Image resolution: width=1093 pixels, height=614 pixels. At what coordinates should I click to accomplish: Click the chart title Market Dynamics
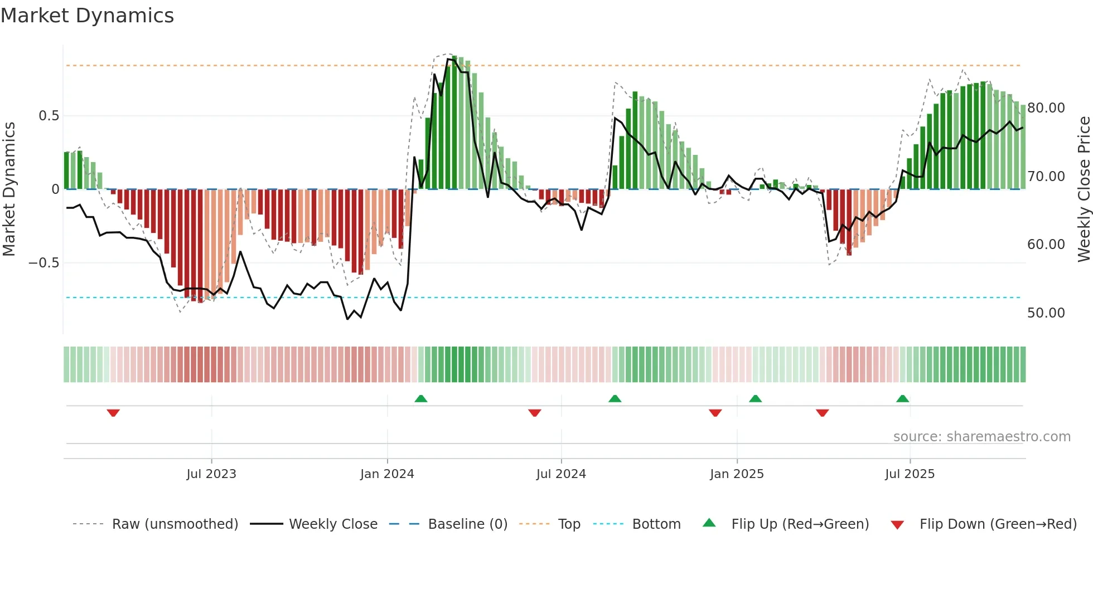coord(87,16)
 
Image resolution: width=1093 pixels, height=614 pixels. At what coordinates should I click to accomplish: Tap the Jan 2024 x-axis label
coord(387,474)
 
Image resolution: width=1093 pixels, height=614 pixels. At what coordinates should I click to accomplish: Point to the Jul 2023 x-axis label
coord(211,474)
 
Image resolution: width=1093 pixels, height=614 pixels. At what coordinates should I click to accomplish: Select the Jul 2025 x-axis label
coord(910,474)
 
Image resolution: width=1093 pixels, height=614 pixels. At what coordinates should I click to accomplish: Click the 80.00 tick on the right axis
coord(1046,108)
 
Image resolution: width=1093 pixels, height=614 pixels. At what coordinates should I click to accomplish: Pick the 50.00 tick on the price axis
coord(1046,313)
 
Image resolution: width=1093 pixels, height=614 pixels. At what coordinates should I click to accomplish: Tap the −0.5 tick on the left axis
coord(43,263)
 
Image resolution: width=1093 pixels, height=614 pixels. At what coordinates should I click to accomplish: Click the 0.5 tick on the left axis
coord(49,116)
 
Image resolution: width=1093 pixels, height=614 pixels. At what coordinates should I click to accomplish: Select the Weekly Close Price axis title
coord(1084,189)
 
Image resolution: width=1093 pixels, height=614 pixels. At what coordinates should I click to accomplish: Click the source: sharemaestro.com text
coord(981,437)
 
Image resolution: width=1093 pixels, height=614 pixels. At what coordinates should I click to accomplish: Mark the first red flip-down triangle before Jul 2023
coord(113,413)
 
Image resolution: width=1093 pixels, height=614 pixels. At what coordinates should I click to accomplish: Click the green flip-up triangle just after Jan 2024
coord(421,398)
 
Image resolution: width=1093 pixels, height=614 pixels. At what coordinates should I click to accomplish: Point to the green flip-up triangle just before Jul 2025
coord(902,398)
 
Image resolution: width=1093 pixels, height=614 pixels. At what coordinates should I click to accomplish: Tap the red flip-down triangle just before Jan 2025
coord(715,413)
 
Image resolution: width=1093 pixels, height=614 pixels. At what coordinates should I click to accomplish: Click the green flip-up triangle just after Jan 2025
coord(755,398)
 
